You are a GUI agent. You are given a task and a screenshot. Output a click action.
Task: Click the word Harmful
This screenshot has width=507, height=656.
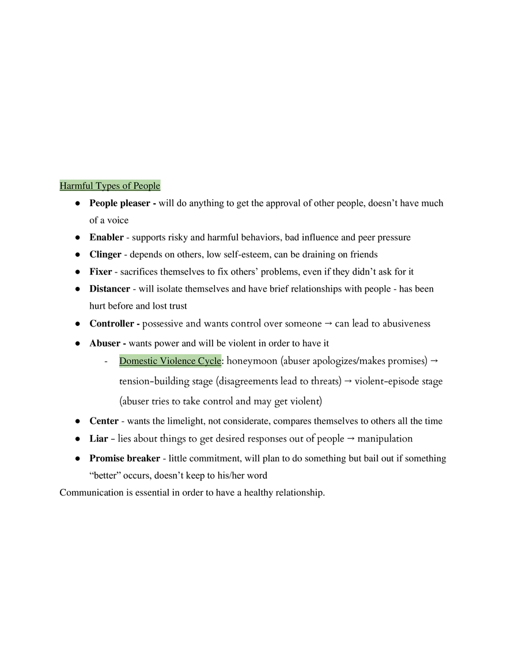tap(76, 185)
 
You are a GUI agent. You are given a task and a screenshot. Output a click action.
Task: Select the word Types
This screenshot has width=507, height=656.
tap(108, 186)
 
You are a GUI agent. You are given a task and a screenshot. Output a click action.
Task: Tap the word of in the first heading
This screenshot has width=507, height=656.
tap(127, 185)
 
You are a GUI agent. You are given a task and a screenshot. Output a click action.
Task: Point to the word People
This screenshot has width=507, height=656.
tap(147, 186)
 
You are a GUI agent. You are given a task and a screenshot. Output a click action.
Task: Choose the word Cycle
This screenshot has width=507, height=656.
tap(210, 361)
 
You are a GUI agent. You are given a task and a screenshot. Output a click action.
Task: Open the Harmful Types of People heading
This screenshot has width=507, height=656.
tap(110, 185)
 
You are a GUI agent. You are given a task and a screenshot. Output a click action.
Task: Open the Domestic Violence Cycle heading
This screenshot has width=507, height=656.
tap(171, 361)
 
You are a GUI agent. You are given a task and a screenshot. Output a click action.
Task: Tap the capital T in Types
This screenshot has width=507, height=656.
tap(99, 185)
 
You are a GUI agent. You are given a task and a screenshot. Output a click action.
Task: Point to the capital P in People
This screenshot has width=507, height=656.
tap(137, 185)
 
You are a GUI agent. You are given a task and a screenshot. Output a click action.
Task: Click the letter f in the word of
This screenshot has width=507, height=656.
tap(130, 185)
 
